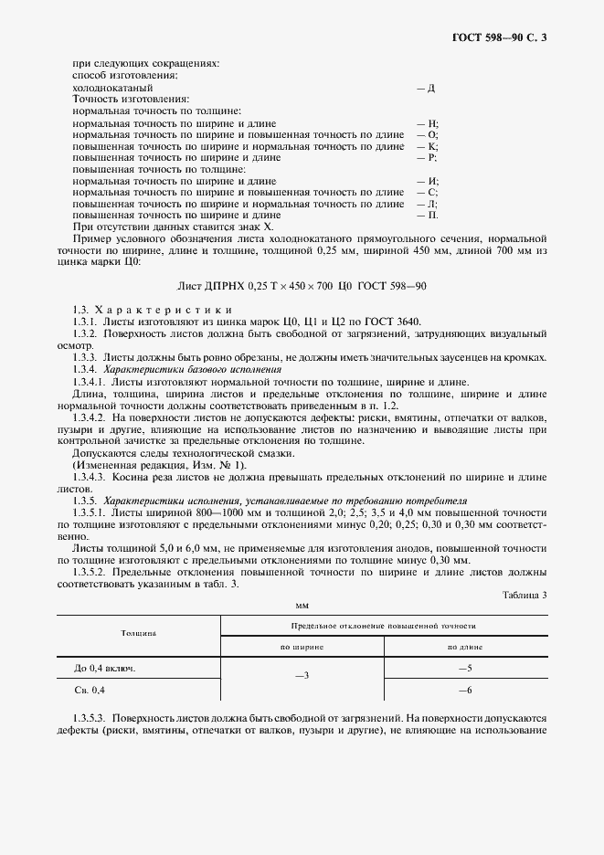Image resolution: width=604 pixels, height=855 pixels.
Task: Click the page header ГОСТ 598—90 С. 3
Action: [504, 37]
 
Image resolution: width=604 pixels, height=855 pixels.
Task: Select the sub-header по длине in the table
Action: [464, 646]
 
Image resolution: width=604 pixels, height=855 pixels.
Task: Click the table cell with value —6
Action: [464, 691]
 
